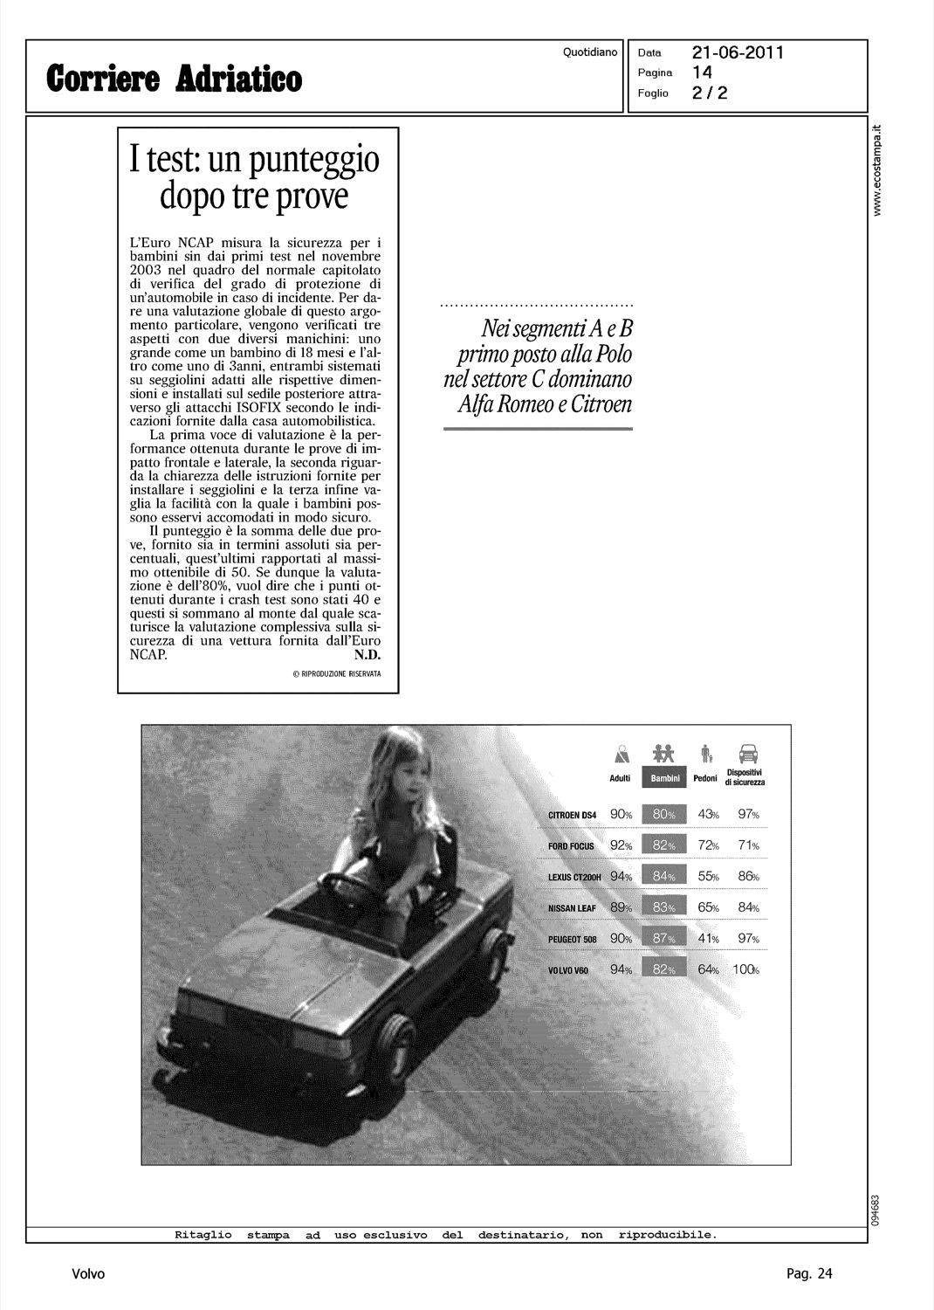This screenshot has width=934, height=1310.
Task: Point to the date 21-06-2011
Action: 738,52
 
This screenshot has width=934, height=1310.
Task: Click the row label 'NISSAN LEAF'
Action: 572,908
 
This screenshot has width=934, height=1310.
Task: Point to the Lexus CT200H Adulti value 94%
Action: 622,877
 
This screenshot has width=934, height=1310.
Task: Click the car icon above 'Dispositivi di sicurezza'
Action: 748,752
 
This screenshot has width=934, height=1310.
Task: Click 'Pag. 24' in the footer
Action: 809,1274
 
